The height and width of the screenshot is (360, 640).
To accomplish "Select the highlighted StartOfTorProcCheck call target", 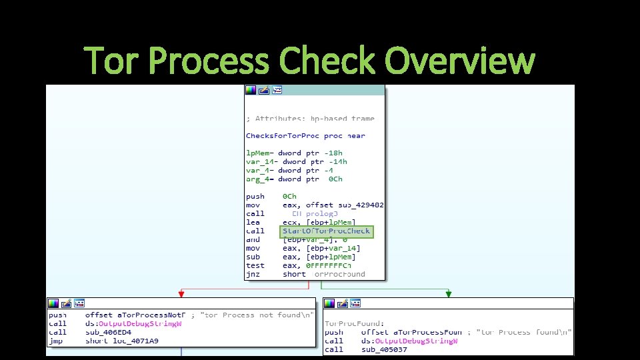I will [326, 231].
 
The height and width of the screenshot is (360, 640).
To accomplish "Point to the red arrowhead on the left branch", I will [181, 293].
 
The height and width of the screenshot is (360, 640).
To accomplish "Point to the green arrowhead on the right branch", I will [448, 293].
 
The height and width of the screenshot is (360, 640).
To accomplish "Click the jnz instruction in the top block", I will [253, 274].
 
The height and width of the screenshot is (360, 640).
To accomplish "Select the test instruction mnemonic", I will [255, 265].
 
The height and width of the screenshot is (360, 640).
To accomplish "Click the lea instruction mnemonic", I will [253, 223].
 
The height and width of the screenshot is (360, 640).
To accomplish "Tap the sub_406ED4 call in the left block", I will [109, 332].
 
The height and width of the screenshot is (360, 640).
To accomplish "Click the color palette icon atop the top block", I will [251, 90].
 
